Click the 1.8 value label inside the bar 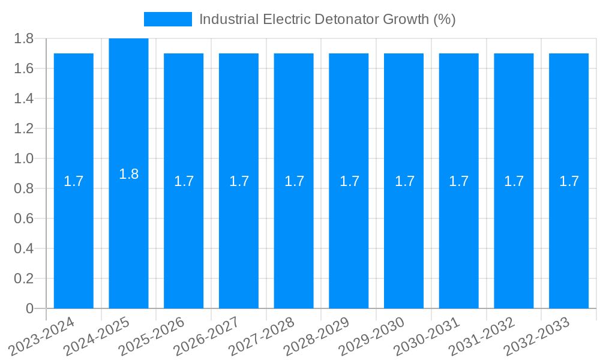point(128,175)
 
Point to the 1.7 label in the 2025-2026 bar point(184,181)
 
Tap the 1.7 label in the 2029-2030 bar point(404,181)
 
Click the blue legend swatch point(168,19)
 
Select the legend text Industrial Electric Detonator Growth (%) point(328,19)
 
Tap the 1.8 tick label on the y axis point(24,39)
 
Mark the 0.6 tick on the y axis point(24,218)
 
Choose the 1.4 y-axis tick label point(24,98)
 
